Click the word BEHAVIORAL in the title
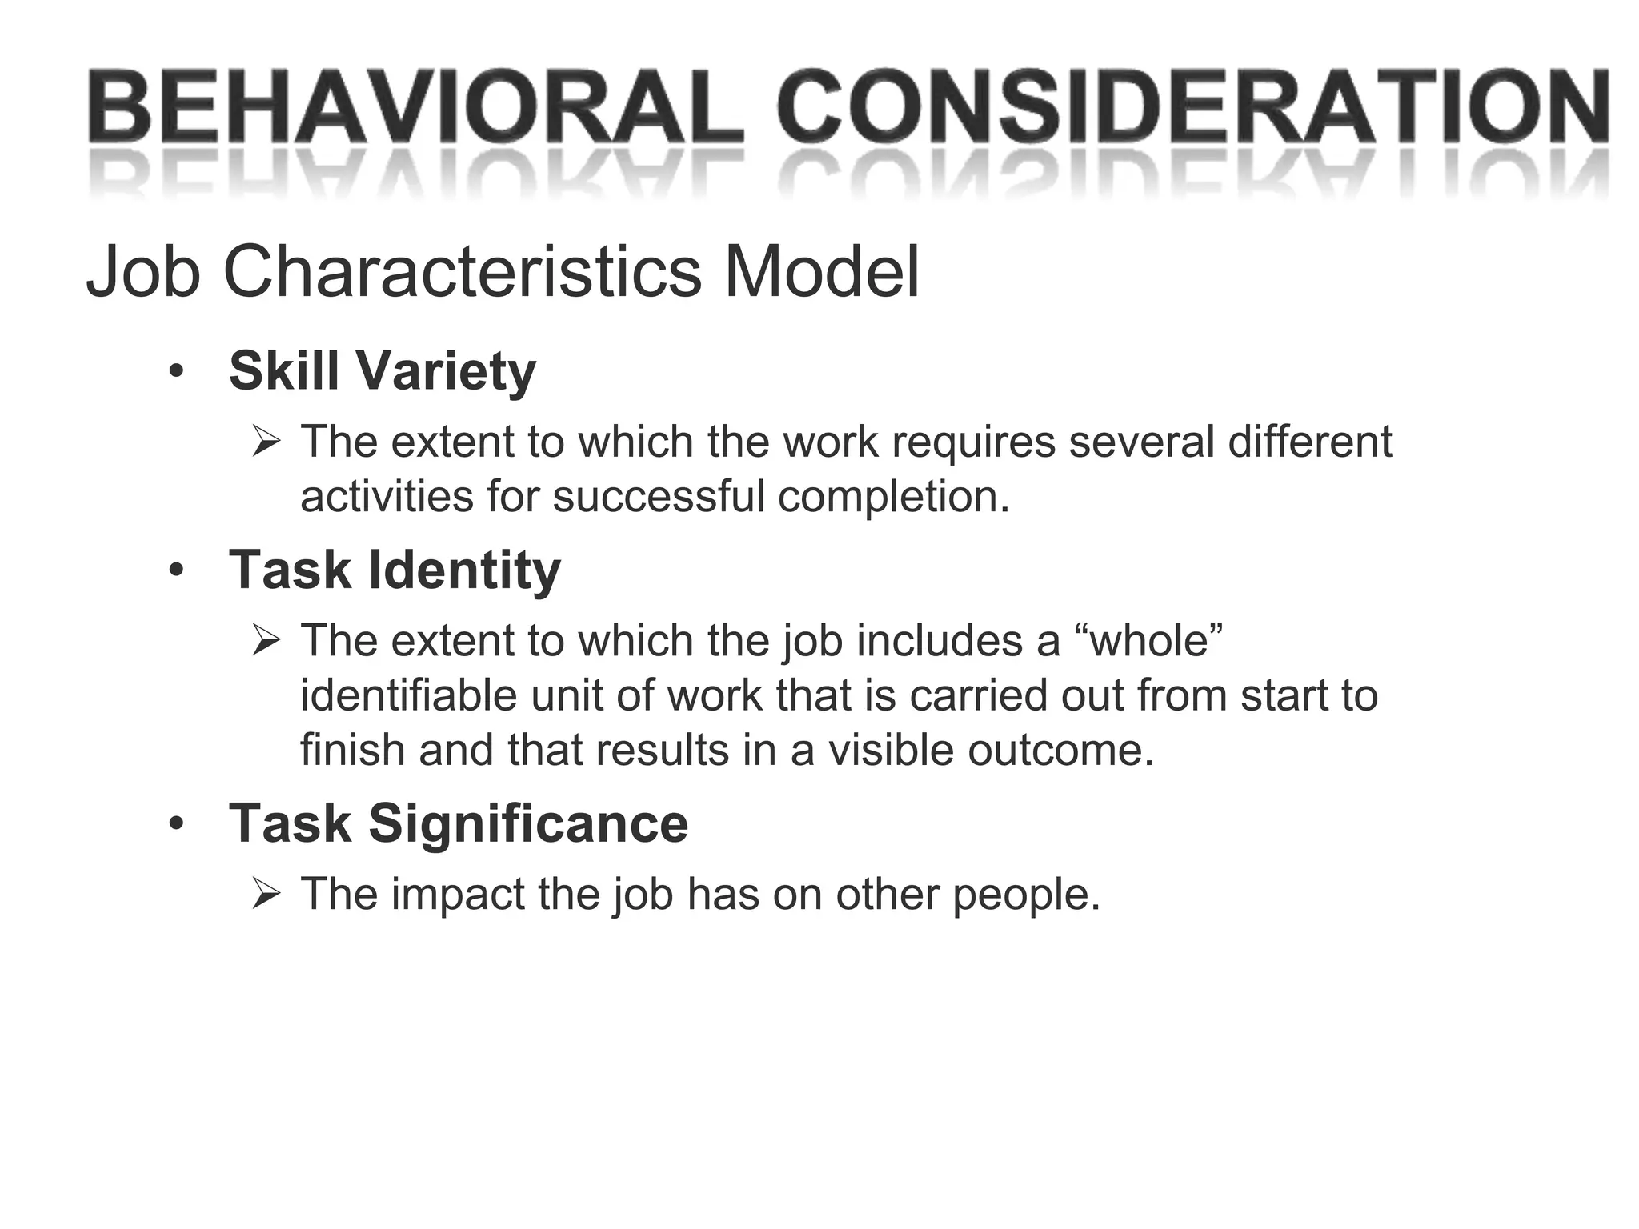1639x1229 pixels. click(x=416, y=108)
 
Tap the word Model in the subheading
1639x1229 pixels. click(x=822, y=273)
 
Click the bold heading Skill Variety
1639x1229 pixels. click(x=382, y=371)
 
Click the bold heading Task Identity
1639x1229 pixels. click(x=395, y=570)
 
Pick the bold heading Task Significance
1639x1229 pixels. click(x=458, y=823)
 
